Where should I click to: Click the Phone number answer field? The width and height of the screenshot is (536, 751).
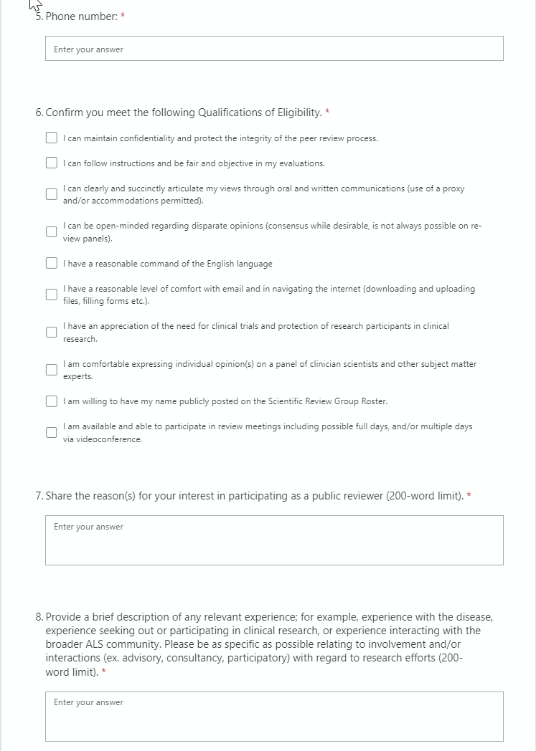click(x=274, y=49)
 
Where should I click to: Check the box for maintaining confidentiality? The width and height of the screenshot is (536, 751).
click(x=52, y=138)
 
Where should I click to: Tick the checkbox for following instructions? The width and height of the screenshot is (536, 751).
click(x=52, y=163)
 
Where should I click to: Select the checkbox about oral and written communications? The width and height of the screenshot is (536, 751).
click(x=52, y=194)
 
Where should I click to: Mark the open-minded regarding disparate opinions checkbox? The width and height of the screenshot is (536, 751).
click(x=52, y=231)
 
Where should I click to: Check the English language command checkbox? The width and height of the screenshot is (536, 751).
click(x=52, y=264)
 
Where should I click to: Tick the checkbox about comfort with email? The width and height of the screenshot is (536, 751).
click(x=52, y=295)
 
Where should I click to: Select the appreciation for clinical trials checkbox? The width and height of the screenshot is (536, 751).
click(x=52, y=332)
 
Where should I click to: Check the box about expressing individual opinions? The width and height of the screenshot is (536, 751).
click(x=52, y=370)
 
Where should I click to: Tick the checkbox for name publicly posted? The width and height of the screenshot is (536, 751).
click(x=52, y=401)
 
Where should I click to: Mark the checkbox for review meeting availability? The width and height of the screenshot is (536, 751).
click(x=52, y=432)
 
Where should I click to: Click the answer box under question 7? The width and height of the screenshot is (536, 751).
click(x=274, y=540)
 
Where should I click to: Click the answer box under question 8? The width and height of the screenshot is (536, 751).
click(x=274, y=716)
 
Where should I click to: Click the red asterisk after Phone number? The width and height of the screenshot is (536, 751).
click(x=123, y=16)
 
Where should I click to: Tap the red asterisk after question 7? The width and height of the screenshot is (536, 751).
click(x=469, y=495)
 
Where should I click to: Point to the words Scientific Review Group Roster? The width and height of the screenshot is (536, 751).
click(x=320, y=401)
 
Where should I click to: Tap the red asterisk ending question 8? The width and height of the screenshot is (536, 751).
click(x=104, y=671)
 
